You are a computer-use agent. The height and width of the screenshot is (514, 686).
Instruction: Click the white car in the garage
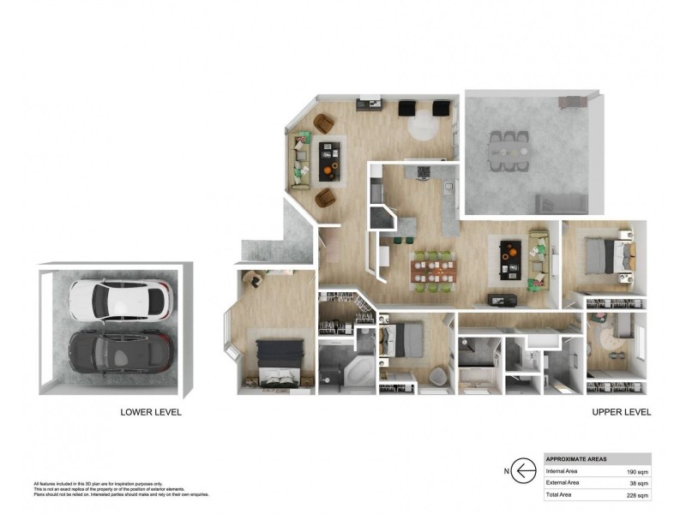click(119, 299)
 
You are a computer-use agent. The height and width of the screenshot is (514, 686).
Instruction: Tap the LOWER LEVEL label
click(151, 412)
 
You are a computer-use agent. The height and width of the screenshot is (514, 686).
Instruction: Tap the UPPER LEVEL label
click(622, 412)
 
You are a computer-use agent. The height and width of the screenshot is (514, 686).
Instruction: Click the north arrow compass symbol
click(520, 469)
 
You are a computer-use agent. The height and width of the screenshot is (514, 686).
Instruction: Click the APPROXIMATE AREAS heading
click(577, 458)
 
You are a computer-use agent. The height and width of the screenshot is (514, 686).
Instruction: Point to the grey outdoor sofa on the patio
click(562, 203)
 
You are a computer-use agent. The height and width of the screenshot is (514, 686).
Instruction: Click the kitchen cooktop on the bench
click(421, 172)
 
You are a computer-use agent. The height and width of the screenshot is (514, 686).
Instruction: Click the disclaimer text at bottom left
click(120, 489)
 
